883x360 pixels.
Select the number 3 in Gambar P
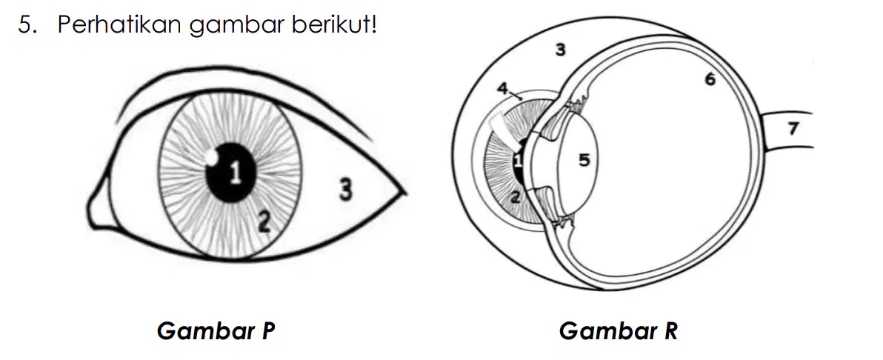point(346,190)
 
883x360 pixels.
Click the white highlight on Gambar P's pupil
point(213,157)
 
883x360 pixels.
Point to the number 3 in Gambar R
point(560,50)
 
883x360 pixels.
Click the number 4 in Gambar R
point(503,88)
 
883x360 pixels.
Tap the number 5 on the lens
point(584,161)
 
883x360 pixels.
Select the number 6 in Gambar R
point(710,79)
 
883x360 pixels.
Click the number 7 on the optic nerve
point(793,129)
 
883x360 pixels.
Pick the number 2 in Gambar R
point(516,197)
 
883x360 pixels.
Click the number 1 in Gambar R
point(518,161)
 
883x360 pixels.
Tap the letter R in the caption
point(670,331)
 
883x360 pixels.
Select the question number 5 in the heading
point(24,25)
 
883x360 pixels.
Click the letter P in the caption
point(267,331)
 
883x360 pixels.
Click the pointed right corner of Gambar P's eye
point(405,193)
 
